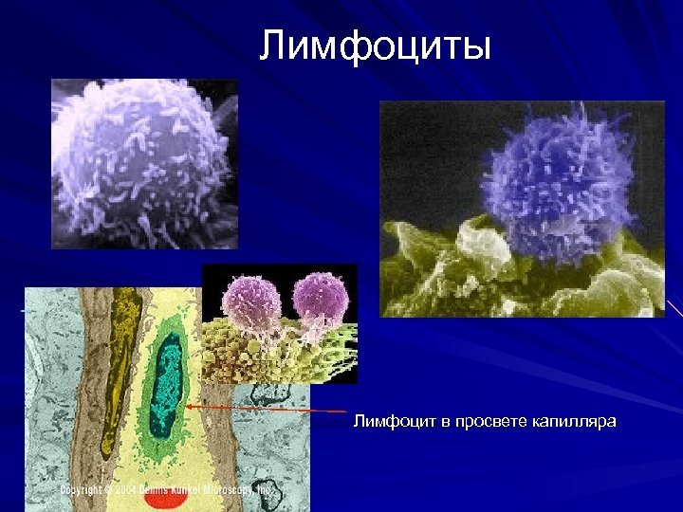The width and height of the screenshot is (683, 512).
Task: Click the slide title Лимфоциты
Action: point(376,45)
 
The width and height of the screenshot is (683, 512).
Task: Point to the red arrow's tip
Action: point(189,405)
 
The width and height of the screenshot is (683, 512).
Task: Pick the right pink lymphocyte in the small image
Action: point(321,299)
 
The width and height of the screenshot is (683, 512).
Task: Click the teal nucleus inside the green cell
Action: point(168,383)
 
